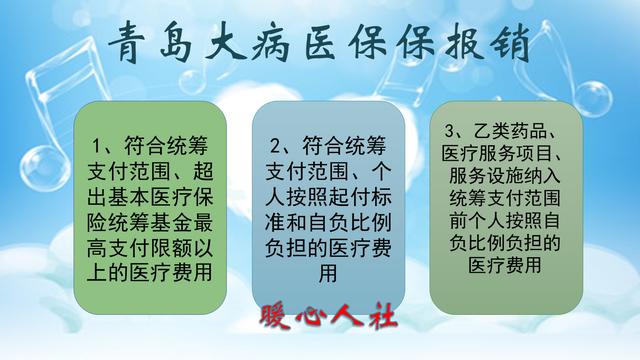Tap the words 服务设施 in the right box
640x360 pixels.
485,176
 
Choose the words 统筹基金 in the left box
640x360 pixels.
159,213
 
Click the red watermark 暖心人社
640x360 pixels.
328,318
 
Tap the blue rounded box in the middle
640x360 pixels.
321,200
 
